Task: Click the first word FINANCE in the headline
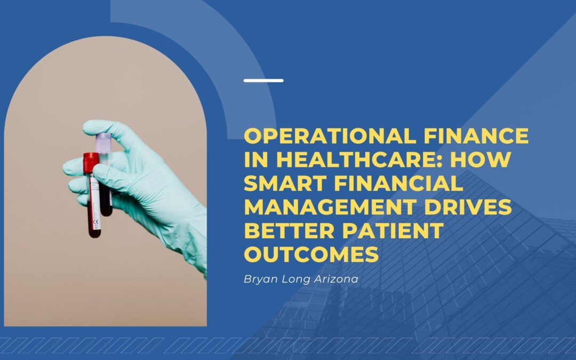pos(490,136)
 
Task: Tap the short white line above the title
pos(263,81)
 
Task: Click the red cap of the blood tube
pos(91,162)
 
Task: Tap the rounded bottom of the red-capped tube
pos(94,234)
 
